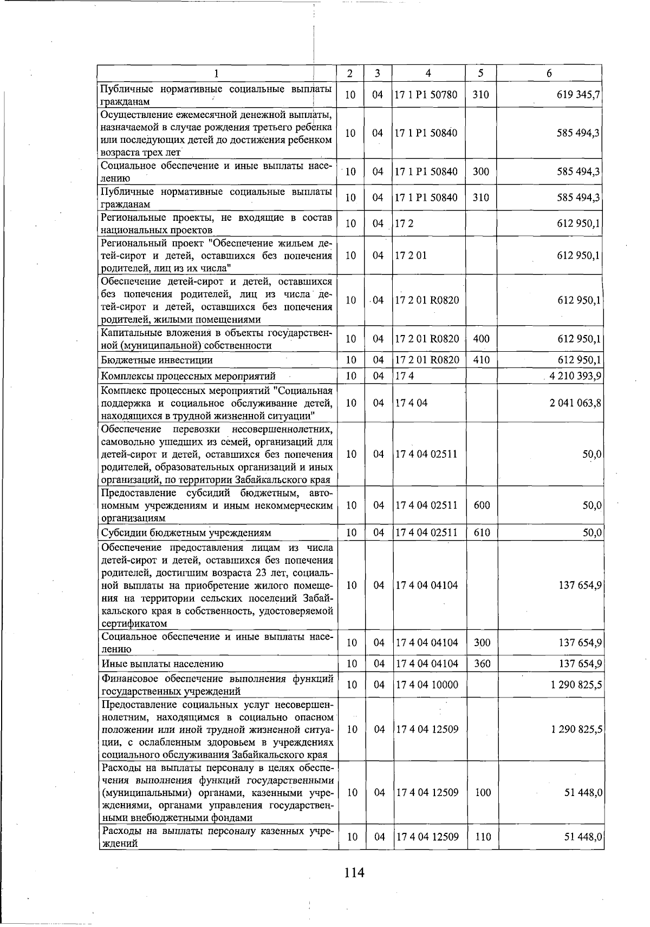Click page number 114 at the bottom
(x=354, y=872)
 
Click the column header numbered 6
(x=549, y=73)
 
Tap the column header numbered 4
(x=428, y=73)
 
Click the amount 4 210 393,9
(x=576, y=376)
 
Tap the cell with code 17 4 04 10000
(x=427, y=685)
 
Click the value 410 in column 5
(x=481, y=360)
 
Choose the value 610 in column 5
(x=482, y=532)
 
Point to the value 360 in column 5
(x=482, y=663)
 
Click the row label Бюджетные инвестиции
(x=157, y=360)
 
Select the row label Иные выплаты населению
(x=162, y=663)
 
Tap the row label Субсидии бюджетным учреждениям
(x=186, y=532)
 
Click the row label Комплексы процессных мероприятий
(x=188, y=376)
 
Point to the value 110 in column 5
(x=482, y=837)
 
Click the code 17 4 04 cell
(x=411, y=403)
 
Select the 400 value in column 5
(x=481, y=339)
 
